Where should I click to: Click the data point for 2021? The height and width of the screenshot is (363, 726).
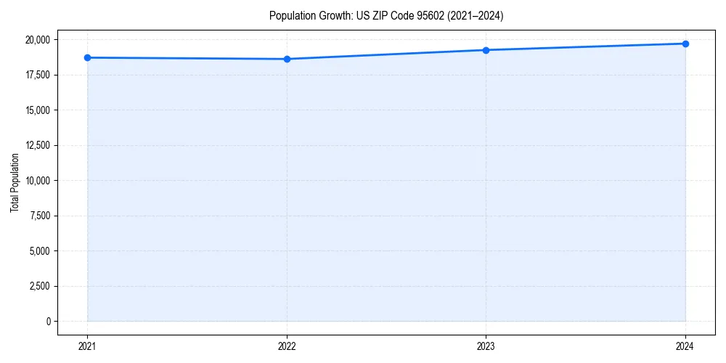(x=87, y=57)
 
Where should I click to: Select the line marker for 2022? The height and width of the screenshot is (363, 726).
(x=287, y=59)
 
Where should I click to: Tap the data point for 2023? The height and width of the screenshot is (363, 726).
(x=486, y=50)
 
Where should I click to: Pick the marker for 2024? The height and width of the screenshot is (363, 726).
(x=685, y=44)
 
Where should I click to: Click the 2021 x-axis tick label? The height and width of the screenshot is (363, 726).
(x=87, y=346)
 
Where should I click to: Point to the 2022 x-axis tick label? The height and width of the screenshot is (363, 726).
(x=287, y=346)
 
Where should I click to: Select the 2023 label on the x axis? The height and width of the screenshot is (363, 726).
(x=486, y=346)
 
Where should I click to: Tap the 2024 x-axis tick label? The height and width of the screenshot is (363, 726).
(x=685, y=346)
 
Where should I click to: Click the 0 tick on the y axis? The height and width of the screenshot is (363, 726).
(x=48, y=322)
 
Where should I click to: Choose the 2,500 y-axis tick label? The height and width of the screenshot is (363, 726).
(x=39, y=286)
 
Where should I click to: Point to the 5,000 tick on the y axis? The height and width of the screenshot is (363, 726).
(x=39, y=251)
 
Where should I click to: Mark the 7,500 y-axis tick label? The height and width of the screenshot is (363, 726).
(x=39, y=216)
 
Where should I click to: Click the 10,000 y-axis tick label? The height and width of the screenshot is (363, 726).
(x=38, y=181)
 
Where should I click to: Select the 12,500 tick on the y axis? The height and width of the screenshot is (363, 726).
(x=38, y=145)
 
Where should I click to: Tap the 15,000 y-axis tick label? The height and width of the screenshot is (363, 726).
(x=38, y=110)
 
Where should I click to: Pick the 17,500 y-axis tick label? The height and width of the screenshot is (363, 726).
(x=38, y=75)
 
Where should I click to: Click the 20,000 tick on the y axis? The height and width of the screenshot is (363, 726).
(x=38, y=40)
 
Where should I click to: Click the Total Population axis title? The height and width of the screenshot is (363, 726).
(x=15, y=182)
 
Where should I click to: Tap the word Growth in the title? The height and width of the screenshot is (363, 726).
(x=330, y=15)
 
